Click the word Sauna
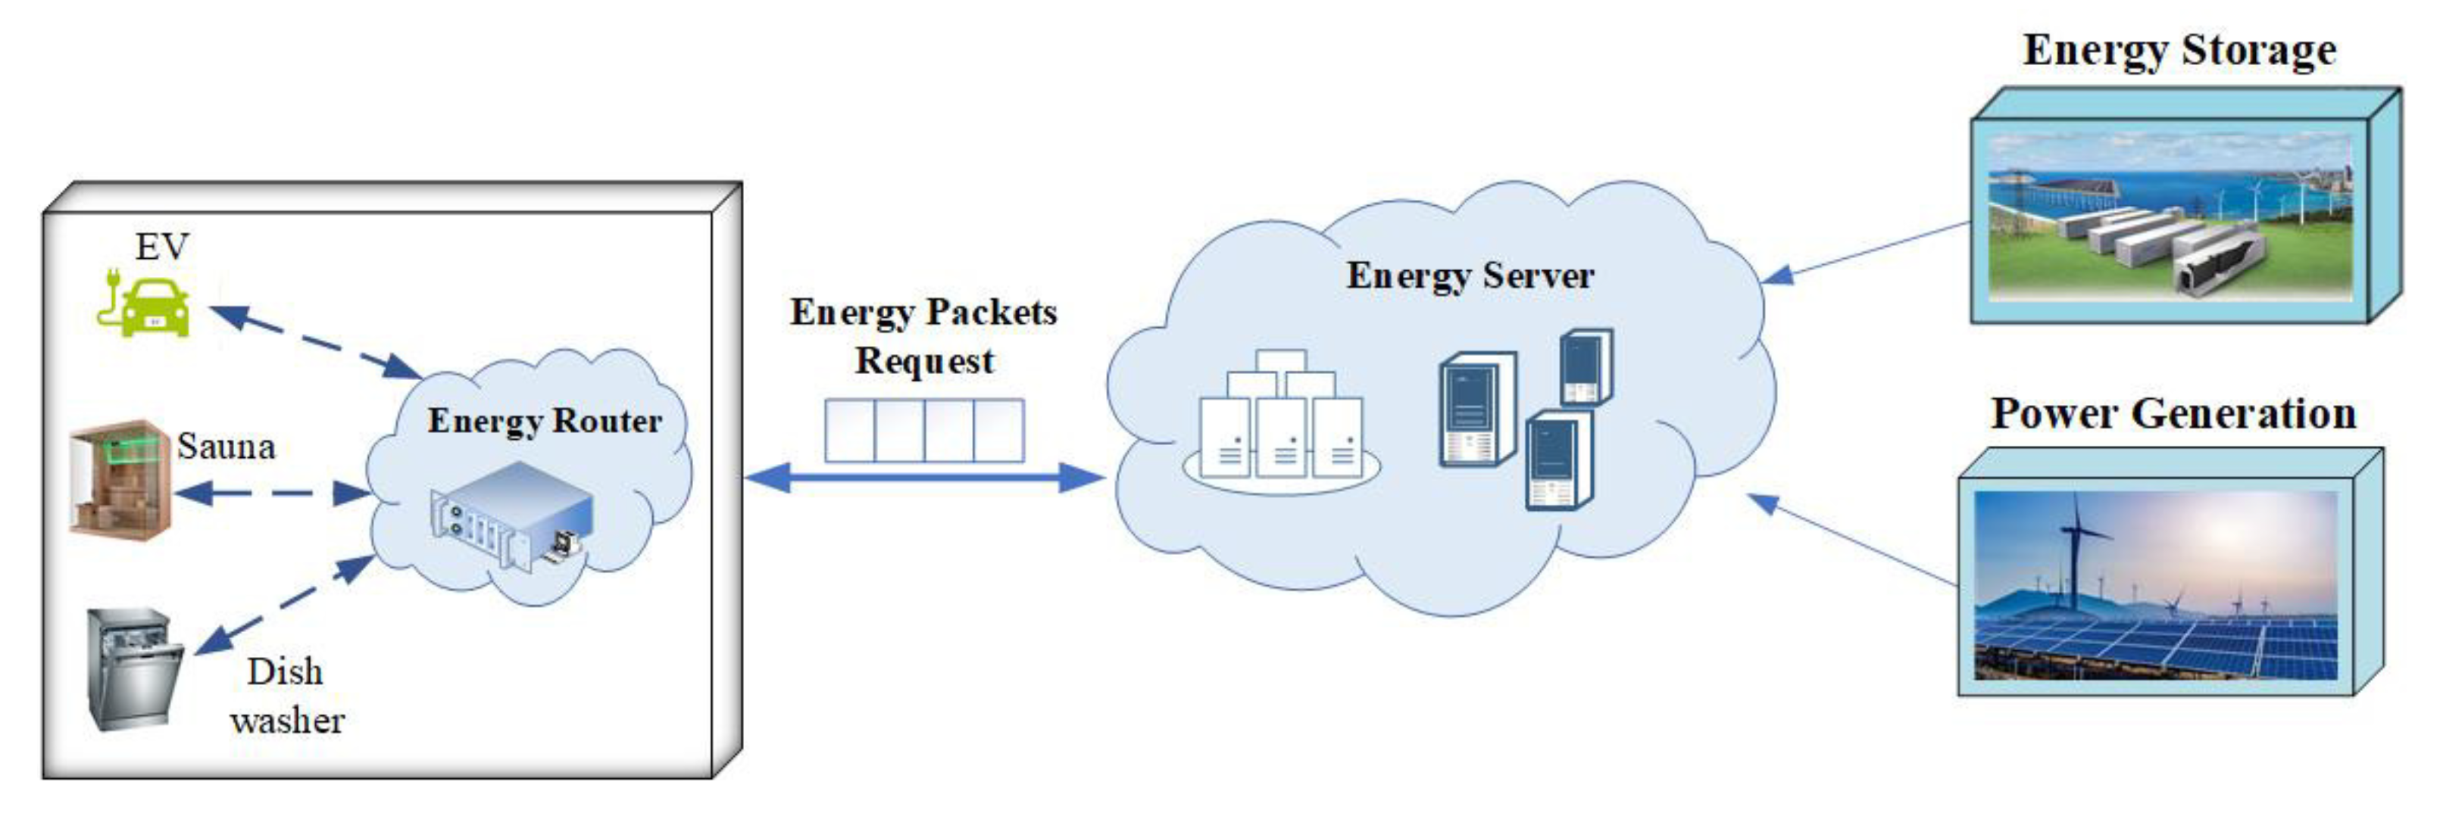[x=227, y=447]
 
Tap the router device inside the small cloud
[x=511, y=516]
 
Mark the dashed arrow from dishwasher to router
[x=284, y=606]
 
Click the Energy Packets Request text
[x=923, y=336]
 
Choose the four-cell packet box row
[x=924, y=431]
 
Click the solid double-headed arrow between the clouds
[x=924, y=478]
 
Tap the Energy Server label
[x=1470, y=276]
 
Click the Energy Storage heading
[x=2179, y=49]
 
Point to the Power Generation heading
[x=2173, y=414]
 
